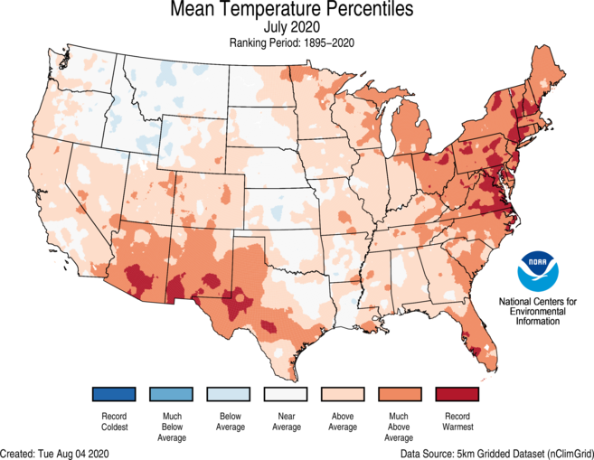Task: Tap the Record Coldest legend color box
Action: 114,395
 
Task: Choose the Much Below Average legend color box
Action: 172,395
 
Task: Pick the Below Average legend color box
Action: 229,395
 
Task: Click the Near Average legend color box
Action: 287,395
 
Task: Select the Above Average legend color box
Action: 344,395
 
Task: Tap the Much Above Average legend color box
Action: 401,395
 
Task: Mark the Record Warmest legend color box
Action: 457,395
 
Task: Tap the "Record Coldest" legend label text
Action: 114,423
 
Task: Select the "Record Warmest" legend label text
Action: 457,423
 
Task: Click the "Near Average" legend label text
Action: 287,423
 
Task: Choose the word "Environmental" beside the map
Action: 540,310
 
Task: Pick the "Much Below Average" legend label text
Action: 172,427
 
